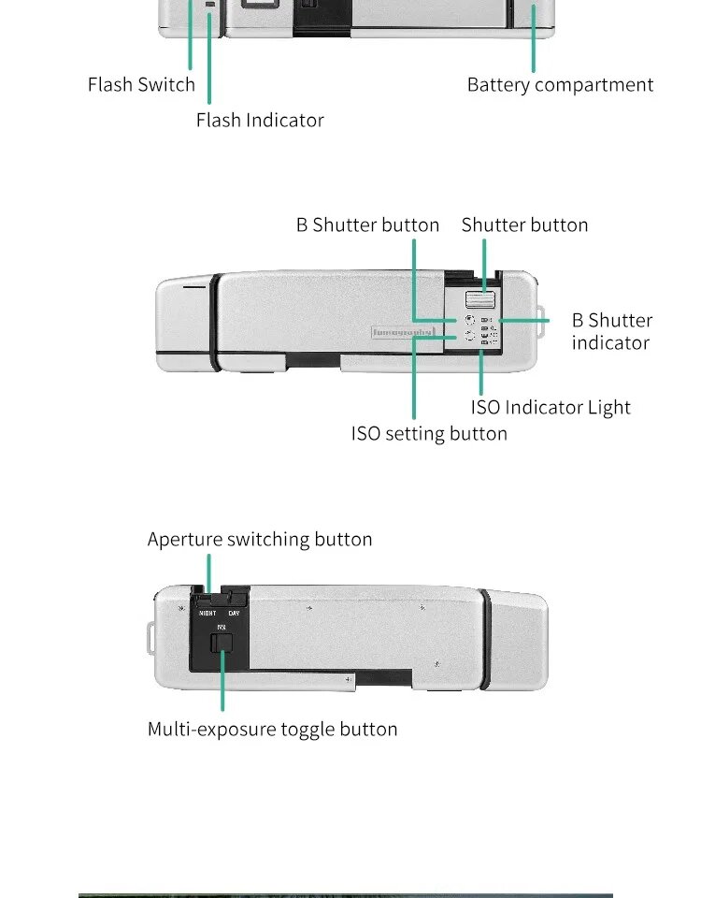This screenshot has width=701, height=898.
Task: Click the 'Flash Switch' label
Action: [141, 84]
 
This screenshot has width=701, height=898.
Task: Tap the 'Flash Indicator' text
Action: [260, 120]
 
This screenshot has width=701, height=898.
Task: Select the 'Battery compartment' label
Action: [560, 84]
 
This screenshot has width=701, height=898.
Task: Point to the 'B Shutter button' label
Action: [367, 224]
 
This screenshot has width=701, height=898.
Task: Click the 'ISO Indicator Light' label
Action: [551, 407]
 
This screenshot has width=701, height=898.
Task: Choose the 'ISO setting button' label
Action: [429, 433]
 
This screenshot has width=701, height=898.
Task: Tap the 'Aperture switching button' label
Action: [260, 539]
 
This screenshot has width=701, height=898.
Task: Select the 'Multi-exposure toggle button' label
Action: [272, 729]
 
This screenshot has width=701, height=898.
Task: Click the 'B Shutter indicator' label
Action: [611, 331]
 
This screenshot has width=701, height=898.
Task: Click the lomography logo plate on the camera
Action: [408, 331]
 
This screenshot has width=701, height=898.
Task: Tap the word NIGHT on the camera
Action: [207, 614]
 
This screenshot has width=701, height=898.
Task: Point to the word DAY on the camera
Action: [234, 614]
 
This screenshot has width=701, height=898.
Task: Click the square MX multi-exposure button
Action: [222, 643]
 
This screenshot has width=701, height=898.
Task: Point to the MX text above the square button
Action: [222, 627]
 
